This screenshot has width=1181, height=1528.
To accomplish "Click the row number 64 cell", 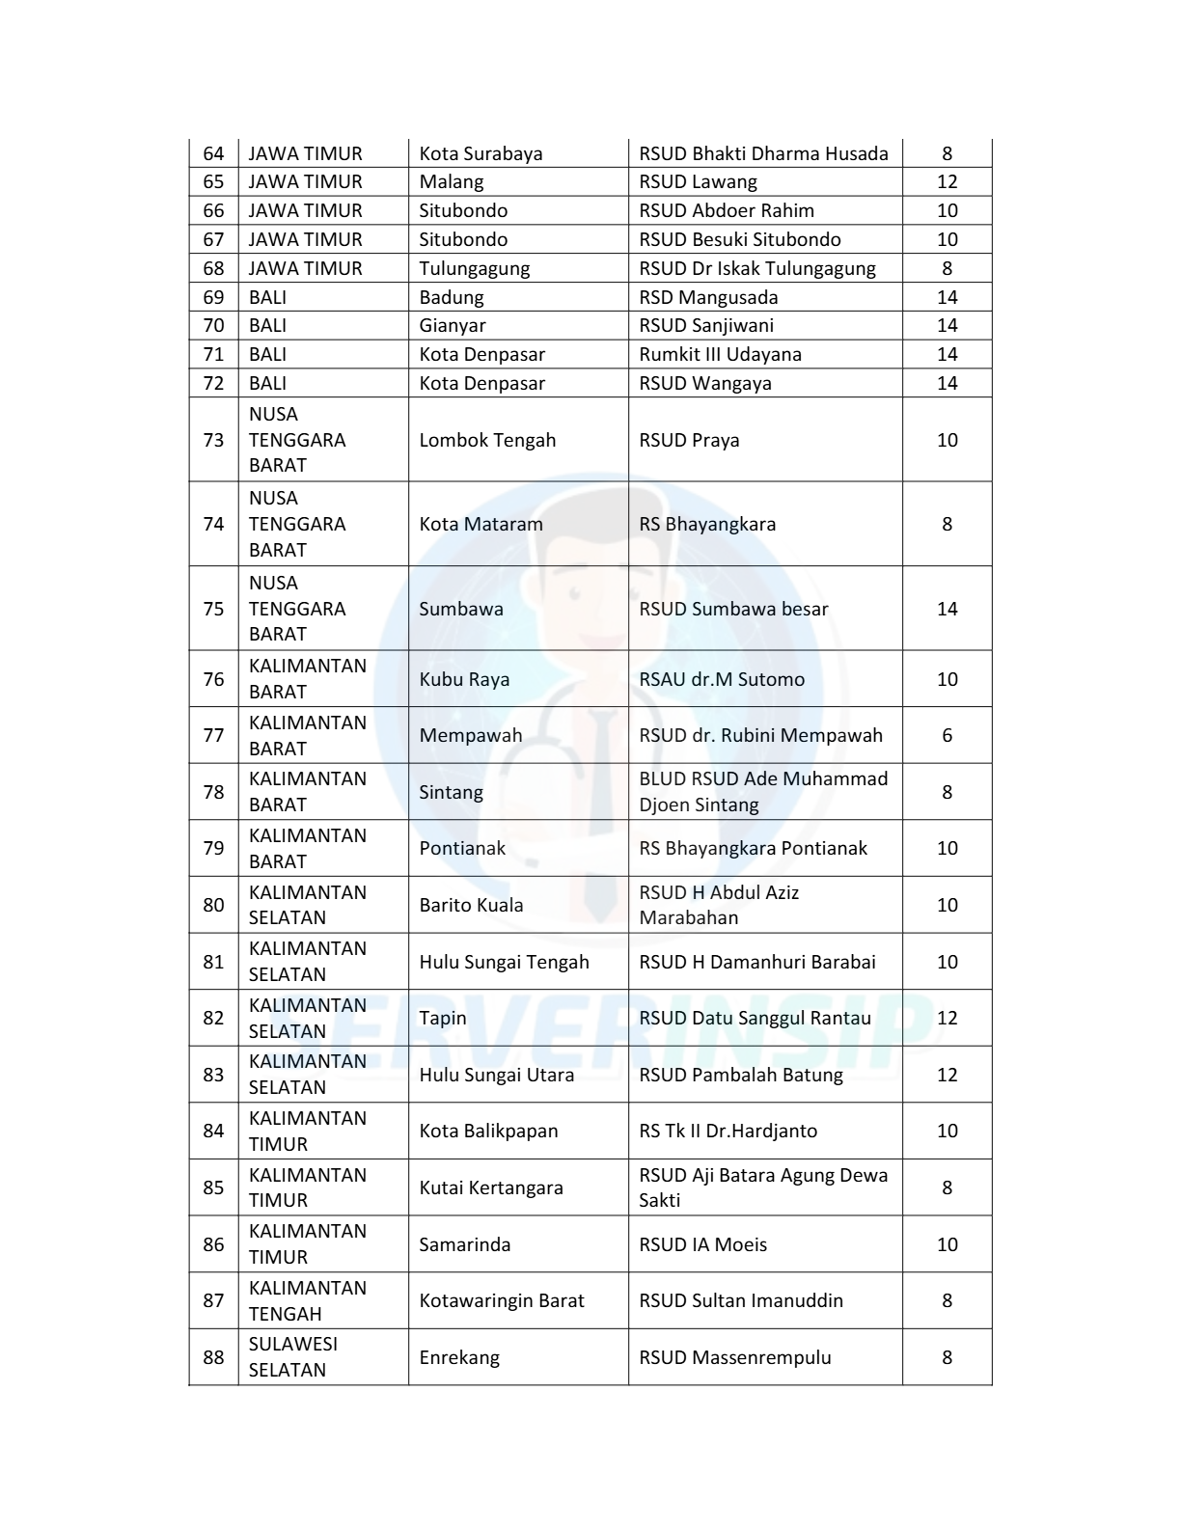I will click(213, 153).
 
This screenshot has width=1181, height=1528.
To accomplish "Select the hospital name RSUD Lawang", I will click(698, 181).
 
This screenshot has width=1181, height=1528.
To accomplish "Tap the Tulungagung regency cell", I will click(474, 268).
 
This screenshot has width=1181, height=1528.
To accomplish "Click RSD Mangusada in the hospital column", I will click(708, 297).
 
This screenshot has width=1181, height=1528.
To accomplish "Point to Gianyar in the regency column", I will click(452, 325).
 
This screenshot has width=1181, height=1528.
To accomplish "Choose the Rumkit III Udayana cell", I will click(720, 354).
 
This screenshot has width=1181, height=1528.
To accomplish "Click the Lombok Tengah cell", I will click(487, 440).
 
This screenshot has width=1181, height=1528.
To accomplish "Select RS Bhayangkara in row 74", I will click(706, 524).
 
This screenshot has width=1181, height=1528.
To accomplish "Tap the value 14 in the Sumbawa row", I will click(947, 609).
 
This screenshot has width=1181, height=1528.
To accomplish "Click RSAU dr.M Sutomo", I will click(721, 679).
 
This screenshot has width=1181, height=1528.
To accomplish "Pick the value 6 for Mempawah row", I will click(947, 735).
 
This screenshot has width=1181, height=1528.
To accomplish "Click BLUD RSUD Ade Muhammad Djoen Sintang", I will click(762, 791).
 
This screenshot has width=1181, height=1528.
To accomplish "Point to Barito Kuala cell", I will click(471, 905).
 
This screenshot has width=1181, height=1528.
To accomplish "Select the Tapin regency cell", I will click(442, 1018).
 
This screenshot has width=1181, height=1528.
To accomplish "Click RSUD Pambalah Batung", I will click(740, 1075).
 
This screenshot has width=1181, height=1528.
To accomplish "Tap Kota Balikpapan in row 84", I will click(488, 1131).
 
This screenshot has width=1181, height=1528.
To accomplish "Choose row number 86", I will click(213, 1244).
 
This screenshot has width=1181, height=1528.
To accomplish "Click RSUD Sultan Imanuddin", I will click(740, 1300).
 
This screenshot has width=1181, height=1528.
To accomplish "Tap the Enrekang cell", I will click(459, 1357).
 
